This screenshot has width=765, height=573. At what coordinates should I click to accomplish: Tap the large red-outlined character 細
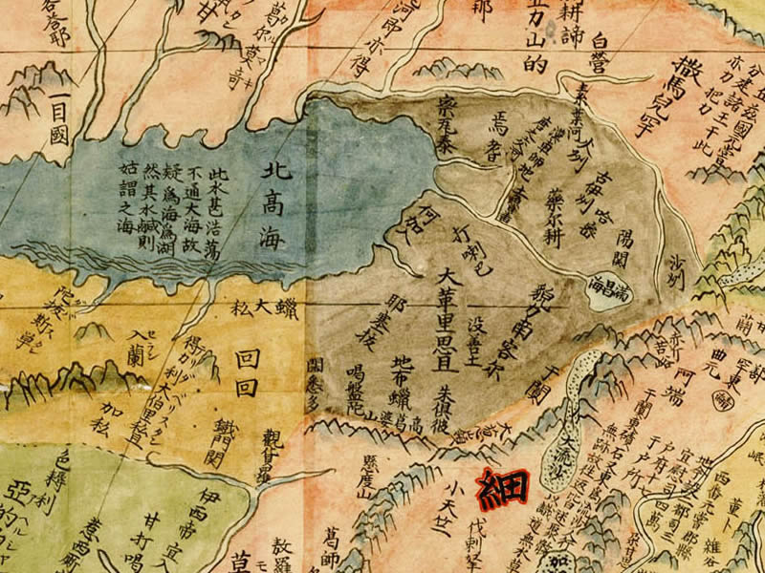pos(503,488)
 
